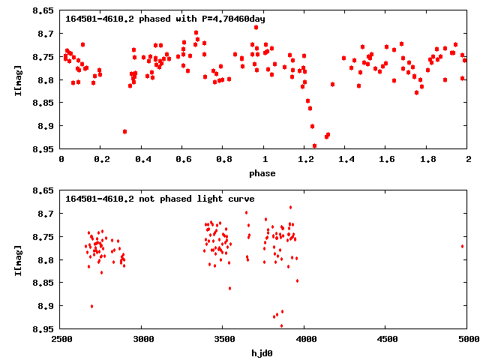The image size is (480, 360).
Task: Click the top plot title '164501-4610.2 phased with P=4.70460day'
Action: pyautogui.click(x=165, y=18)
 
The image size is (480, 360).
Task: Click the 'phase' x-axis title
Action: pyautogui.click(x=262, y=173)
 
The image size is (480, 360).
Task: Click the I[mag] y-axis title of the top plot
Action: pyautogui.click(x=19, y=79)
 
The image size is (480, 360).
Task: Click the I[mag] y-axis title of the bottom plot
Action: pyautogui.click(x=19, y=259)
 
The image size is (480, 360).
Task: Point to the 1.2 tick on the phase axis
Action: pyautogui.click(x=304, y=160)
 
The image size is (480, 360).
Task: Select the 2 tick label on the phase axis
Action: pyautogui.click(x=468, y=160)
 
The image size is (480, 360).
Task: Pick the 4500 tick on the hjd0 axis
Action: pyautogui.click(x=386, y=340)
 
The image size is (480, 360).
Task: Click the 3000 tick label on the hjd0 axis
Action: pyautogui.click(x=142, y=340)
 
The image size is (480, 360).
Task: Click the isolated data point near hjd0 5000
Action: pyautogui.click(x=463, y=246)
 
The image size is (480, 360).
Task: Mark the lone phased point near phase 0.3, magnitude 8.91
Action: pyautogui.click(x=124, y=131)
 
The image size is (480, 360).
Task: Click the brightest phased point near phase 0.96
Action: pyautogui.click(x=256, y=27)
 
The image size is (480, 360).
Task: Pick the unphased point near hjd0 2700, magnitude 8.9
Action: pyautogui.click(x=91, y=306)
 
